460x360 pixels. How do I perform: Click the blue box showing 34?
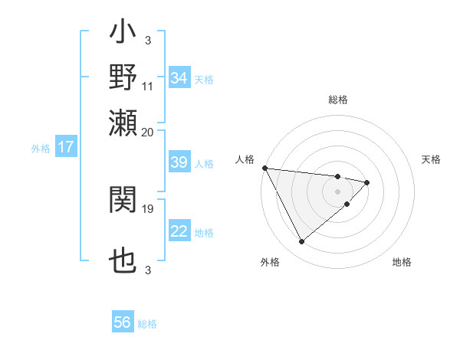(179, 78)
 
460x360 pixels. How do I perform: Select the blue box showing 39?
(179, 163)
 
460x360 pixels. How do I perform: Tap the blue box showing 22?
(179, 232)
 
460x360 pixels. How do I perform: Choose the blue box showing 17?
(66, 147)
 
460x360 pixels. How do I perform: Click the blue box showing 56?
(123, 322)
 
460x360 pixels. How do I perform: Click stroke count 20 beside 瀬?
(148, 131)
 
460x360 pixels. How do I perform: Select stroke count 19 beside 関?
(148, 207)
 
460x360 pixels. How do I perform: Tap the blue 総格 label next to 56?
(147, 324)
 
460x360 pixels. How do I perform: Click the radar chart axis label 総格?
(337, 100)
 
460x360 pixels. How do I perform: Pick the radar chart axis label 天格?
(431, 159)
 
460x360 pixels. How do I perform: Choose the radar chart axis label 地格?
(402, 262)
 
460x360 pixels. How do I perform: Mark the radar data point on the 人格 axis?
(264, 168)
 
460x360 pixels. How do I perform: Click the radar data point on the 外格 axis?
(301, 242)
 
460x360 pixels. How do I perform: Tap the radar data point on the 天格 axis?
(367, 182)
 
